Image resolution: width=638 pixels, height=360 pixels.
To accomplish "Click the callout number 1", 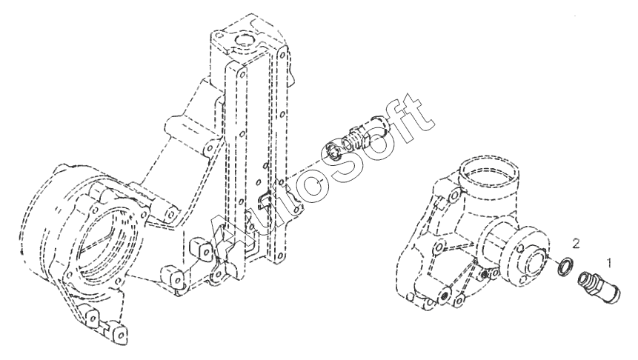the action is click(609, 261).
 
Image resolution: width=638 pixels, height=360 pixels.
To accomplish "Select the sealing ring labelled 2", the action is click(565, 266).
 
